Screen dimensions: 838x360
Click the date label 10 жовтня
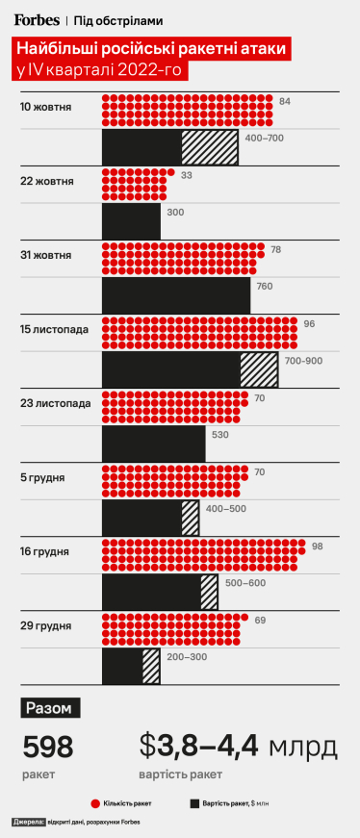click(x=46, y=103)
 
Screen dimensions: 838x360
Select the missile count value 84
click(x=284, y=101)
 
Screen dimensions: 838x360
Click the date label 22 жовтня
click(x=46, y=180)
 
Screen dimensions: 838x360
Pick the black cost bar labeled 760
click(x=175, y=294)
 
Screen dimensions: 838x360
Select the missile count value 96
click(x=309, y=324)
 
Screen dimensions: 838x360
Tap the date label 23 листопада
click(x=55, y=403)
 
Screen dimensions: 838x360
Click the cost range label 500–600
click(x=246, y=583)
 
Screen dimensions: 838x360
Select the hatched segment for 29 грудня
click(x=150, y=667)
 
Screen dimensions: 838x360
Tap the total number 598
click(x=48, y=747)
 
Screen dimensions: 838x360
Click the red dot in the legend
click(x=94, y=801)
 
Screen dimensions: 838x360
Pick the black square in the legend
click(x=194, y=801)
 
